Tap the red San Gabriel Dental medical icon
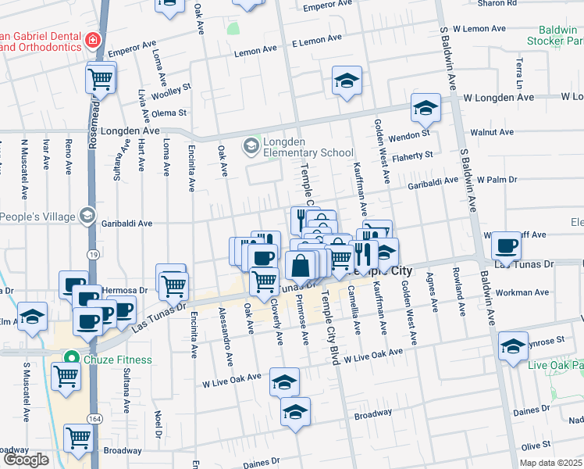pyautogui.click(x=93, y=39)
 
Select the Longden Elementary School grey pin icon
pyautogui.click(x=251, y=145)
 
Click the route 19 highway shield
pyautogui.click(x=93, y=255)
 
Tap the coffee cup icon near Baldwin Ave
pyautogui.click(x=506, y=246)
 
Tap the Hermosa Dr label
pyautogui.click(x=129, y=290)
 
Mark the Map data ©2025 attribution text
pyautogui.click(x=550, y=463)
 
